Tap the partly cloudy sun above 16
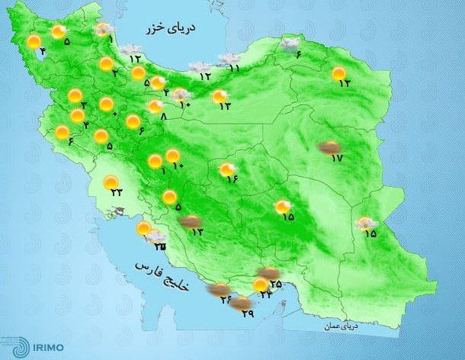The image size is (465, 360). tap(226, 169)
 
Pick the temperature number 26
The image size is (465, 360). tap(226, 300)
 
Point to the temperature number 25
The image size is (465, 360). tap(275, 284)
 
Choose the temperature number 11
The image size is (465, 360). tap(234, 68)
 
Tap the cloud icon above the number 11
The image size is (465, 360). tap(228, 58)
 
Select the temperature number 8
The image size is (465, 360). tap(164, 116)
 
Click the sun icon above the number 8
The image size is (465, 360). tap(156, 107)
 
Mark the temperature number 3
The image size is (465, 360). tap(83, 104)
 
